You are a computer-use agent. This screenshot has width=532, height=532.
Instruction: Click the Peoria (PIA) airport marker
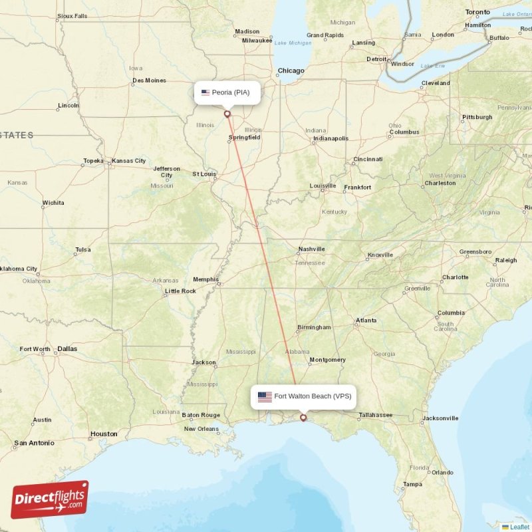[x=227, y=114]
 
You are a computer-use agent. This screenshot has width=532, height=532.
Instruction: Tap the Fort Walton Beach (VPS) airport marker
[x=304, y=418]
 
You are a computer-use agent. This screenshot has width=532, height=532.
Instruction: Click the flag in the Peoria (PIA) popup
[x=205, y=92]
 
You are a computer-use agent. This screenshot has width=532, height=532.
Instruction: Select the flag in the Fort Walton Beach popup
[x=265, y=397]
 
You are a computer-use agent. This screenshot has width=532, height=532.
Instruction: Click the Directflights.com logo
[x=50, y=499]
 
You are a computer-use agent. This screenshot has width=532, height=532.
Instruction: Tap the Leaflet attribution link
[x=519, y=527]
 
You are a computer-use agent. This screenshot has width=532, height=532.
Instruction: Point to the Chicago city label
[x=291, y=70]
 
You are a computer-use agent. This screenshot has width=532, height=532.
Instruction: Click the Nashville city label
[x=311, y=249]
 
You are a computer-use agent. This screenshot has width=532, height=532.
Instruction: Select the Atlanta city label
[x=366, y=321]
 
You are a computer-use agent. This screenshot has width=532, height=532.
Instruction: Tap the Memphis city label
[x=205, y=279]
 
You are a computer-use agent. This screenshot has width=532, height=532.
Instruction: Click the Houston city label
[x=104, y=434]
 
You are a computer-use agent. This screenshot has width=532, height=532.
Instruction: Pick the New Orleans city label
[x=201, y=429]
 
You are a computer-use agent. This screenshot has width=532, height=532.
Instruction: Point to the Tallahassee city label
[x=375, y=416]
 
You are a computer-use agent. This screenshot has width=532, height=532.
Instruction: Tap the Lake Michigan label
[x=293, y=43]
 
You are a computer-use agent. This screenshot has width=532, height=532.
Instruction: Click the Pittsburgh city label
[x=477, y=117]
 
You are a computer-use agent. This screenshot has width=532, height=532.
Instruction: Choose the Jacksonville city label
[x=440, y=418]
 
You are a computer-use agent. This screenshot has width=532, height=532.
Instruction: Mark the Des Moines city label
[x=149, y=80]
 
